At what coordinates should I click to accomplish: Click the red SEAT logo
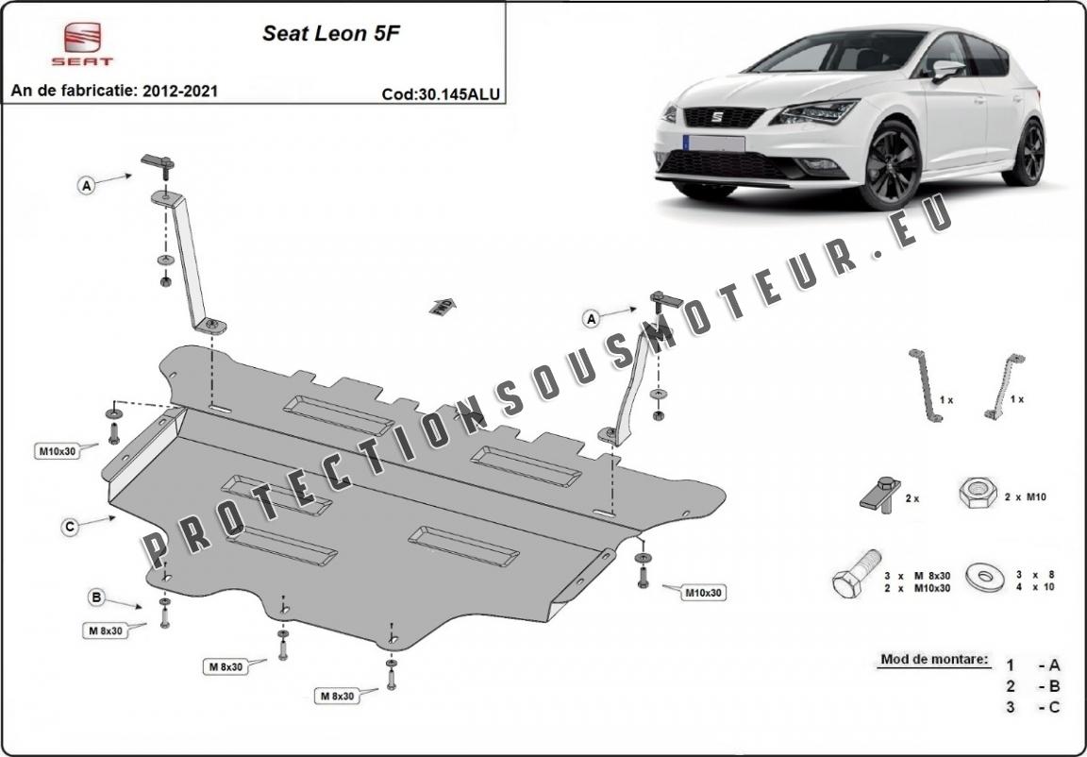coord(82,43)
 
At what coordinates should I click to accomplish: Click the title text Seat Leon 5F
coord(330,34)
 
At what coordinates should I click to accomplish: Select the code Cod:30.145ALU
coord(441,95)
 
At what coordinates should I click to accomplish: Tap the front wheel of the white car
coord(891,165)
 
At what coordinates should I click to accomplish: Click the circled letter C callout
coord(69,528)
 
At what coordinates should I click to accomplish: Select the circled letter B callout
coord(97,597)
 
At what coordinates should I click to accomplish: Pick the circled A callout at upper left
coord(86,186)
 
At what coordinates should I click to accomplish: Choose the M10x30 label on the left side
coord(57,452)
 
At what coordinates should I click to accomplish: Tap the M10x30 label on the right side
coord(704,593)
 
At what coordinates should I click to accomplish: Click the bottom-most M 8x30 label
coord(337,696)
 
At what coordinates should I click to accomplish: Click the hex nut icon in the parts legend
coord(978,494)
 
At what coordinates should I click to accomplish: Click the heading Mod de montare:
coord(934,659)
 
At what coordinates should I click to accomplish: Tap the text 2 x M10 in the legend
coord(1027,497)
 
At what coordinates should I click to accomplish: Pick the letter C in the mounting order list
coord(1054,707)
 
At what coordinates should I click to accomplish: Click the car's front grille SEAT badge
coord(717,116)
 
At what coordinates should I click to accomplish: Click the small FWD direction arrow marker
coord(443,306)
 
